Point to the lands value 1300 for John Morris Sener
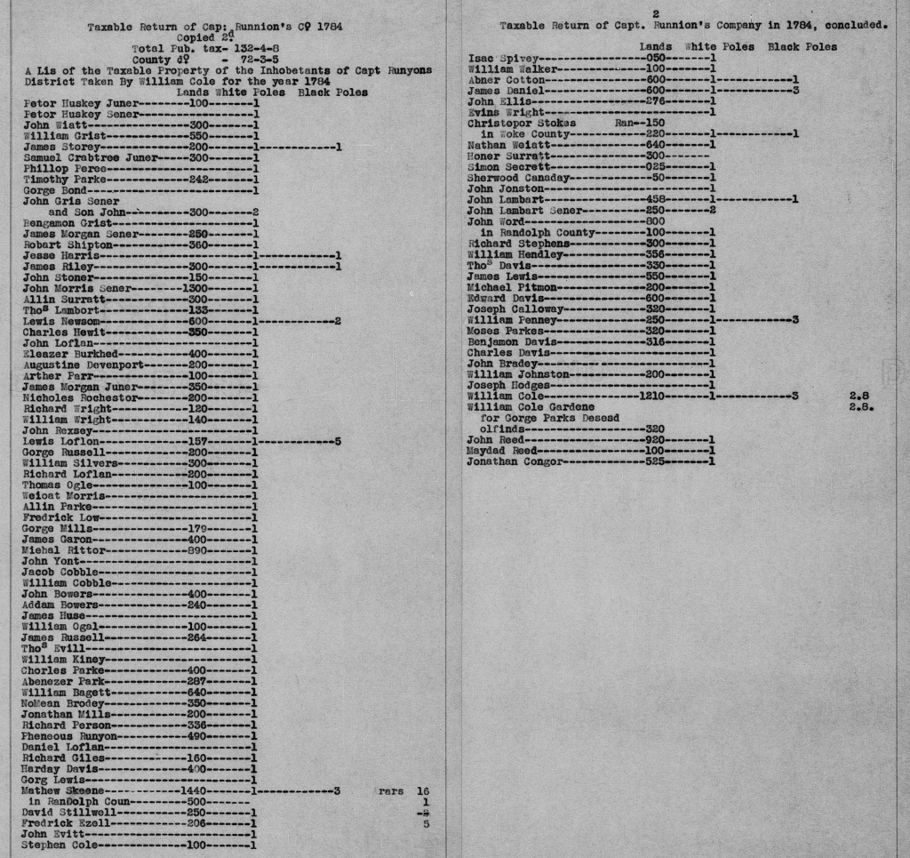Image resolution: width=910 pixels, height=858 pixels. coord(194,288)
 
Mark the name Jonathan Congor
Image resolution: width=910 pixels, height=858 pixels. coord(515,461)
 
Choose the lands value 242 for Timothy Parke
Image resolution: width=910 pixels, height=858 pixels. coord(204,179)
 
